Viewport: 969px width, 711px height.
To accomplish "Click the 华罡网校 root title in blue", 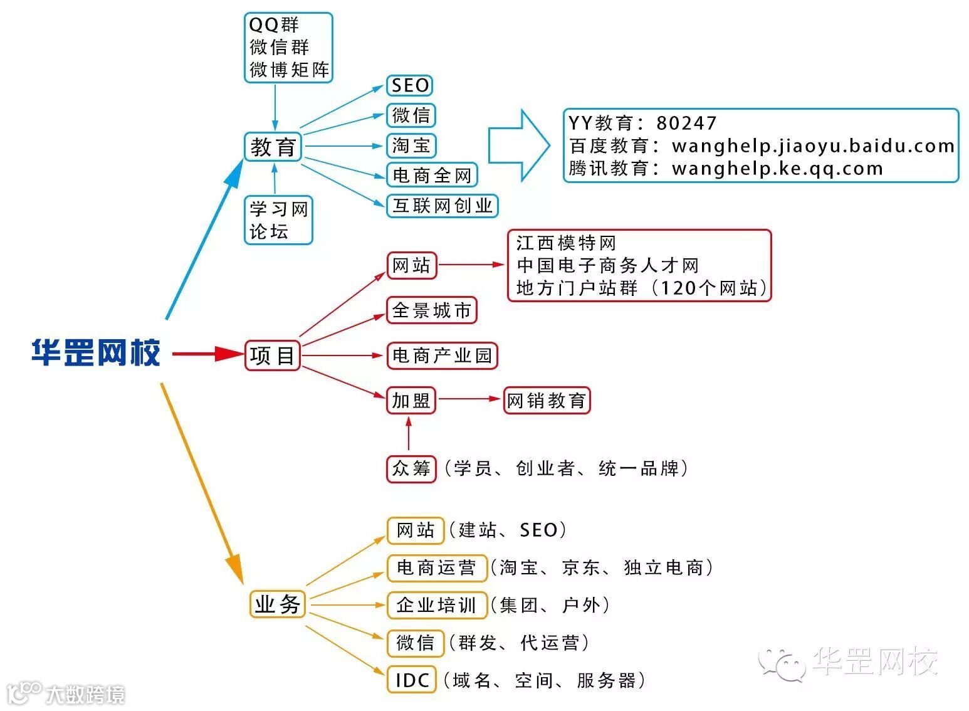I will [96, 352].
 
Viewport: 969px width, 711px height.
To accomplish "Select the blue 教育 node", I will [273, 147].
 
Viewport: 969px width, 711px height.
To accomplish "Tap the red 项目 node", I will [273, 355].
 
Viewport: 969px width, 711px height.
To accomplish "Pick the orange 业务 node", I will [277, 604].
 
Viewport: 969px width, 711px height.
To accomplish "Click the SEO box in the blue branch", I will [410, 85].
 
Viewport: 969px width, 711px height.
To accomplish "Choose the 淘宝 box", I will [411, 145].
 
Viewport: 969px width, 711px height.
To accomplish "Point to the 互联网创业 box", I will [443, 206].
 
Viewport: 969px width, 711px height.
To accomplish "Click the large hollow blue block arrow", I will [519, 146].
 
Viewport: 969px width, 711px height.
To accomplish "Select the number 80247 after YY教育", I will [686, 124].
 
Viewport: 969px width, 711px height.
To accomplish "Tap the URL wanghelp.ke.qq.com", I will [777, 169].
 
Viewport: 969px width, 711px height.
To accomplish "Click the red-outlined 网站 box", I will [411, 265].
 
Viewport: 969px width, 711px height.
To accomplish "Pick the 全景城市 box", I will [431, 310].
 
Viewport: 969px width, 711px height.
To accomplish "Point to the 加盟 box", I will [411, 400].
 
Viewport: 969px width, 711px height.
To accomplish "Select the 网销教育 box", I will [547, 400].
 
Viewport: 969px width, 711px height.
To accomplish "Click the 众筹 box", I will [411, 468].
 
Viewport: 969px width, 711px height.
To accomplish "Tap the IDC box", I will [412, 680].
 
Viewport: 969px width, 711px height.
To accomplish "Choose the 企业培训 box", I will [436, 605].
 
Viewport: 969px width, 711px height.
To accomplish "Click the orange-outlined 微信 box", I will [415, 643].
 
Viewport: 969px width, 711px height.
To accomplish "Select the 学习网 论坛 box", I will [278, 220].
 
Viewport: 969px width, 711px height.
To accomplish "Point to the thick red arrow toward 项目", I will [207, 354].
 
